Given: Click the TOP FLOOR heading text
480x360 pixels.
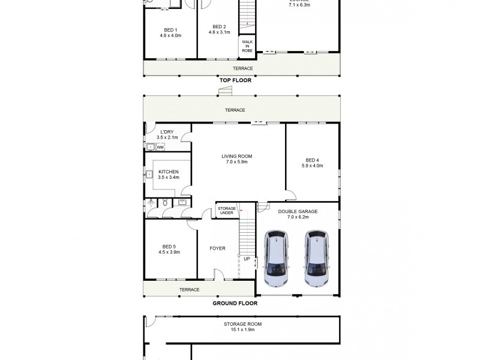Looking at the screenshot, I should [x=235, y=80].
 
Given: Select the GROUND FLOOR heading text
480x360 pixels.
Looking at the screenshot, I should [x=235, y=303].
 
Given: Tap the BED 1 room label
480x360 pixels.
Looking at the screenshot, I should [x=170, y=30].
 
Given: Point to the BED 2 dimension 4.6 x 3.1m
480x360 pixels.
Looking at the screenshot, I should [x=220, y=32].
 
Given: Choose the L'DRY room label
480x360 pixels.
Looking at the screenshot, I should [x=167, y=132].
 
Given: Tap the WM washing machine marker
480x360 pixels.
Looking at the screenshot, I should [x=160, y=146].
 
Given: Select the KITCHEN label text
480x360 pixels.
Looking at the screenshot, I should [x=168, y=172].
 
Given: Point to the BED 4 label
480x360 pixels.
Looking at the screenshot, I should [x=312, y=160].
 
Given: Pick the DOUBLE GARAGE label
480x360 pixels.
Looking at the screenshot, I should [x=298, y=211].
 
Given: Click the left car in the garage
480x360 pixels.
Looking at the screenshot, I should [x=277, y=258].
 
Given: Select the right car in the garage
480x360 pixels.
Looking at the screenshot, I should [x=316, y=258].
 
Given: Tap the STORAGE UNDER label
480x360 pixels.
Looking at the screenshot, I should [x=226, y=211].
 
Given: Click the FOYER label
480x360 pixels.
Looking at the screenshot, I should [x=217, y=248].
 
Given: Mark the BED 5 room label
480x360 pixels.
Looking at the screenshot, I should [x=169, y=247].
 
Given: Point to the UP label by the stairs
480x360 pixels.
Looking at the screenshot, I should [x=247, y=259].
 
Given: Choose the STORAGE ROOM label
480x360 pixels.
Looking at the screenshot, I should [x=243, y=324].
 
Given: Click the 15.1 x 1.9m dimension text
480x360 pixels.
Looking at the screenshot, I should [x=243, y=329].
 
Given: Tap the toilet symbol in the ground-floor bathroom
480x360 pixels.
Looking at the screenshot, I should [x=164, y=204].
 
